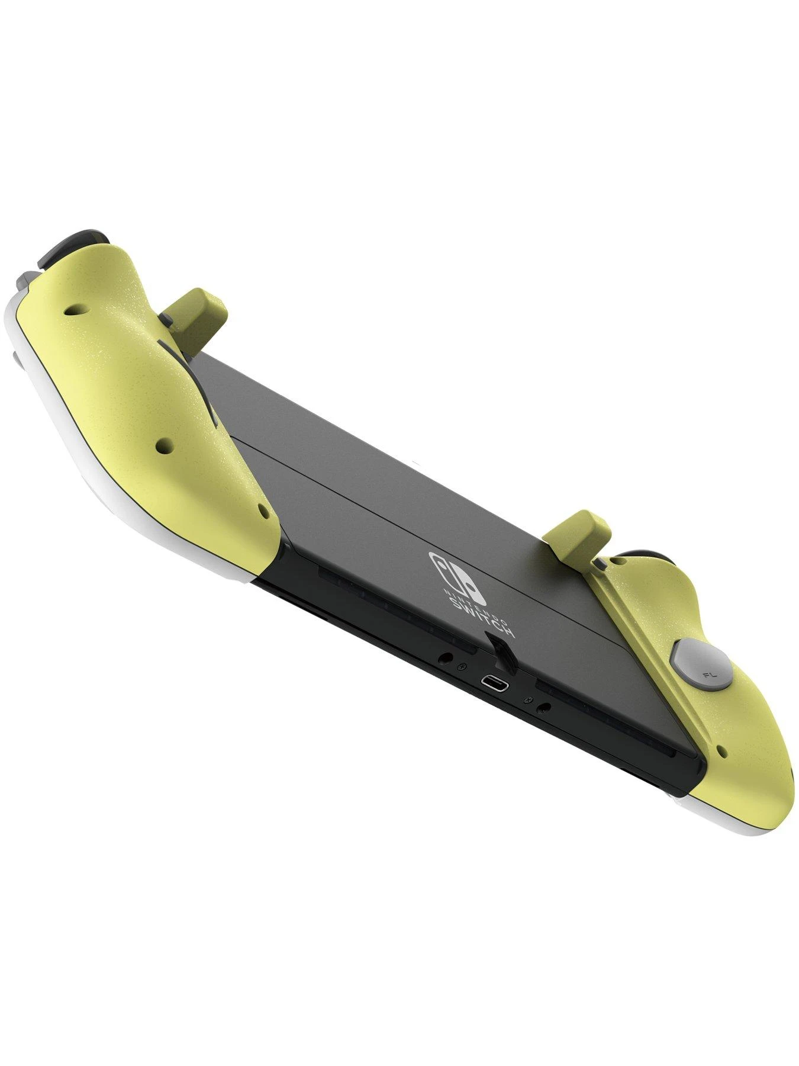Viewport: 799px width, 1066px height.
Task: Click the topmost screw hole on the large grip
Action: (x=72, y=309)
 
